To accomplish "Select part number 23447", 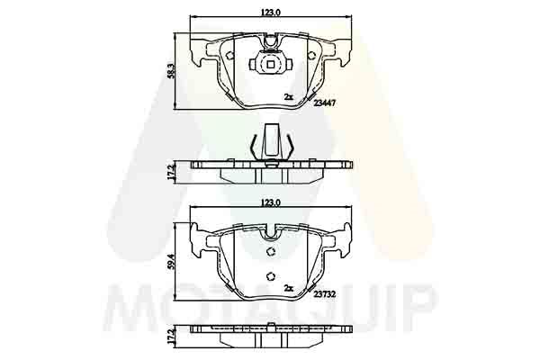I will (x=325, y=103).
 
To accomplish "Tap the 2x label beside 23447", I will (x=289, y=96).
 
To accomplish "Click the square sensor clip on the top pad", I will (x=269, y=64).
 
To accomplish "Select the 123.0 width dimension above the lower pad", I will (x=270, y=204).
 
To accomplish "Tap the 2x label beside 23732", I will (x=289, y=288).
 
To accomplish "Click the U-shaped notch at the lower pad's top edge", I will (x=270, y=231).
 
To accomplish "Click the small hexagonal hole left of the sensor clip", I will (x=229, y=56).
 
